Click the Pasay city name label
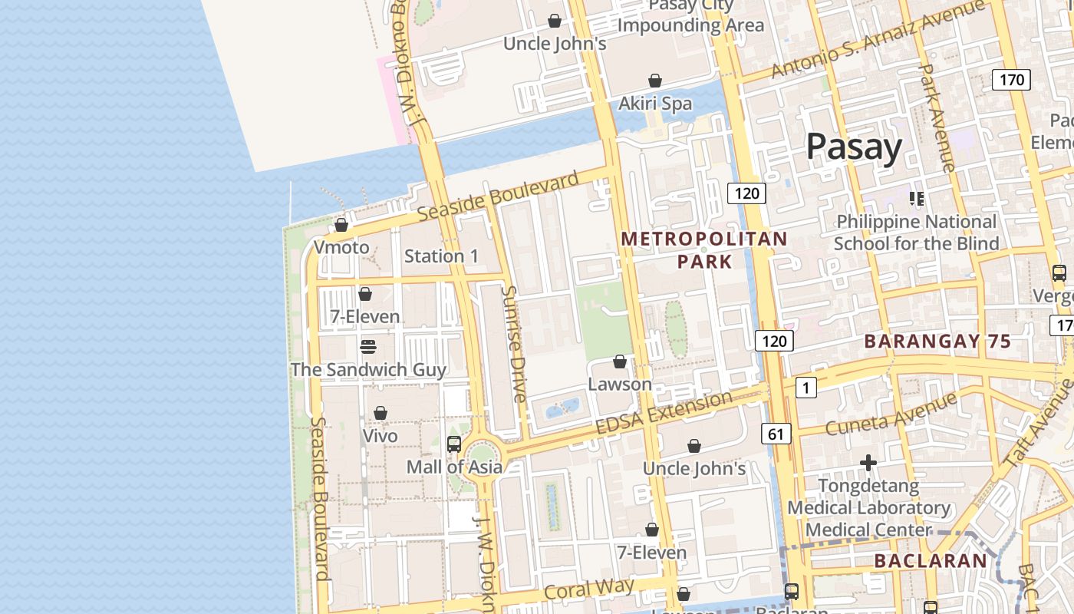pyautogui.click(x=853, y=147)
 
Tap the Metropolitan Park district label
pyautogui.click(x=704, y=250)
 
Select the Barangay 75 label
pyautogui.click(x=937, y=342)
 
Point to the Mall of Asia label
pyautogui.click(x=454, y=467)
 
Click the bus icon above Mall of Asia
pyautogui.click(x=454, y=444)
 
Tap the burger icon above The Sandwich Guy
pyautogui.click(x=368, y=347)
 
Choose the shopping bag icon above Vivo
pyautogui.click(x=381, y=414)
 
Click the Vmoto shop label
pyautogui.click(x=341, y=247)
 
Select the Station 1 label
pyautogui.click(x=441, y=256)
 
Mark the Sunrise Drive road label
pyautogui.click(x=514, y=343)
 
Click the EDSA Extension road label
pyautogui.click(x=664, y=414)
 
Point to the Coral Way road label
pyautogui.click(x=589, y=589)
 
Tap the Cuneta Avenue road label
pyautogui.click(x=891, y=414)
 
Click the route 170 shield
pyautogui.click(x=1011, y=79)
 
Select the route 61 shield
pyautogui.click(x=776, y=434)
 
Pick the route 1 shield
pyautogui.click(x=805, y=388)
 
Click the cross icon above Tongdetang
pyautogui.click(x=868, y=463)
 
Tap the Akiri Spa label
pyautogui.click(x=655, y=104)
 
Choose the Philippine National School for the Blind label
pyautogui.click(x=916, y=233)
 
